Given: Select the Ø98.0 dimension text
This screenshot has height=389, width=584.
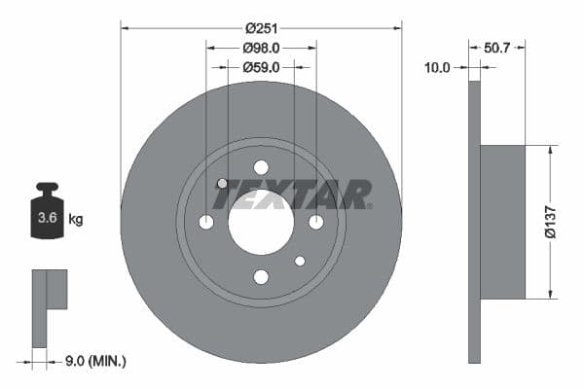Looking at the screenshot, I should [x=261, y=48].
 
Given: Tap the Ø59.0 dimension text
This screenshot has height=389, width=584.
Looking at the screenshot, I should [x=261, y=67].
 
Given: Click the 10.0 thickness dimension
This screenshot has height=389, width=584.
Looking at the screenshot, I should [x=437, y=67].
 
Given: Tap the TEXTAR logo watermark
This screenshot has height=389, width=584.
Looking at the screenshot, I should [x=292, y=194].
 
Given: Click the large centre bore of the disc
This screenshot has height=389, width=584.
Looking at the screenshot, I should [x=261, y=223].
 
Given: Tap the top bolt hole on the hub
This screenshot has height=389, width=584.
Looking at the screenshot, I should [x=261, y=167].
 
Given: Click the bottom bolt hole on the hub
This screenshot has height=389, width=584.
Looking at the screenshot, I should [x=261, y=277].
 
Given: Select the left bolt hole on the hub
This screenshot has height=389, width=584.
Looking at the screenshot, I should [x=206, y=223].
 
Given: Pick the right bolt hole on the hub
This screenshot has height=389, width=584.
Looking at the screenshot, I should [x=315, y=223].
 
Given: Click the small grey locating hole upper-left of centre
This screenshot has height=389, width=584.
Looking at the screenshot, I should [x=222, y=184].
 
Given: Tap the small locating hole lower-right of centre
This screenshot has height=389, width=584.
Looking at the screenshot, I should [x=300, y=261].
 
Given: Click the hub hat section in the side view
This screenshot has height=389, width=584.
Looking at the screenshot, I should [x=502, y=223].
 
